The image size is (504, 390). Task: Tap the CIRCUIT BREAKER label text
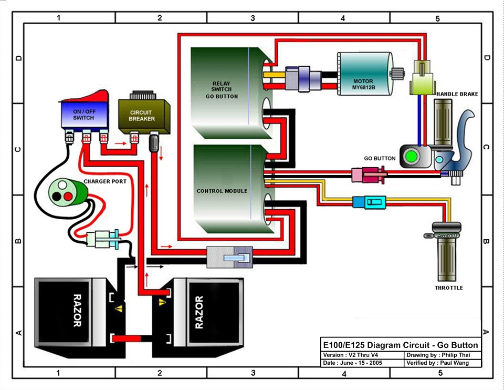(141, 116)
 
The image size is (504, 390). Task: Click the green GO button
(411, 157)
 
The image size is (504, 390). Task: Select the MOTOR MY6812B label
(363, 85)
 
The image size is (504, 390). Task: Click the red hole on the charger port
(68, 196)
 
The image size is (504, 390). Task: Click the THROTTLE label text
(448, 288)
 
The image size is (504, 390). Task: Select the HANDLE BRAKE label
(457, 94)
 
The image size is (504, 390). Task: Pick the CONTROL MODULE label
(222, 191)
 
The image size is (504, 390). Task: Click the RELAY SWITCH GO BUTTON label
(225, 90)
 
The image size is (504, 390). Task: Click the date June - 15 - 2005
(356, 363)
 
